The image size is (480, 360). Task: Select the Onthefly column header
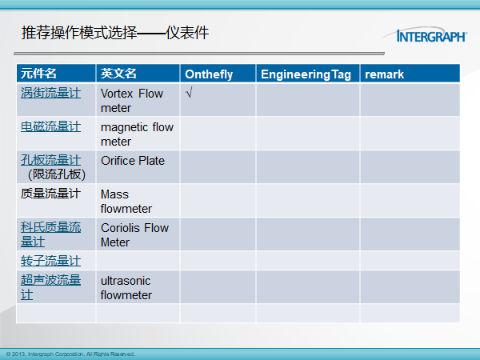tap(209, 74)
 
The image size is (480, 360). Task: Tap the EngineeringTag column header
tap(306, 74)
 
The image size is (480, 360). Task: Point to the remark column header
tap(384, 74)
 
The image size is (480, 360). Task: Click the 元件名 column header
tap(38, 74)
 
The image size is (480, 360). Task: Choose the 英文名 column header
tap(118, 74)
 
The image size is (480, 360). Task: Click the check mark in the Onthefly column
tap(189, 92)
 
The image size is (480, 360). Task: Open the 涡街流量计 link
tap(51, 93)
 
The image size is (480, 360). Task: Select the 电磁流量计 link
tap(51, 126)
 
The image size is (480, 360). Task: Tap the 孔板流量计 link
tap(51, 160)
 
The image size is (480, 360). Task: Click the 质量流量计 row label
tap(51, 194)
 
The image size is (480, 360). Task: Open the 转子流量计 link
tap(51, 261)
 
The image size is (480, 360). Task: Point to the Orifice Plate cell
tap(133, 161)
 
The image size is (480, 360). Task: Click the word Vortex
tap(117, 94)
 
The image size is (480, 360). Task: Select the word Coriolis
tap(121, 228)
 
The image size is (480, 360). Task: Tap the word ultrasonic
tap(126, 281)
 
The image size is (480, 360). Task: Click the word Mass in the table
tap(114, 194)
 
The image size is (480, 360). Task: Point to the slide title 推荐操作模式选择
tap(79, 33)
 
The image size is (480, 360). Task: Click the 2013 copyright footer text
tap(70, 354)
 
